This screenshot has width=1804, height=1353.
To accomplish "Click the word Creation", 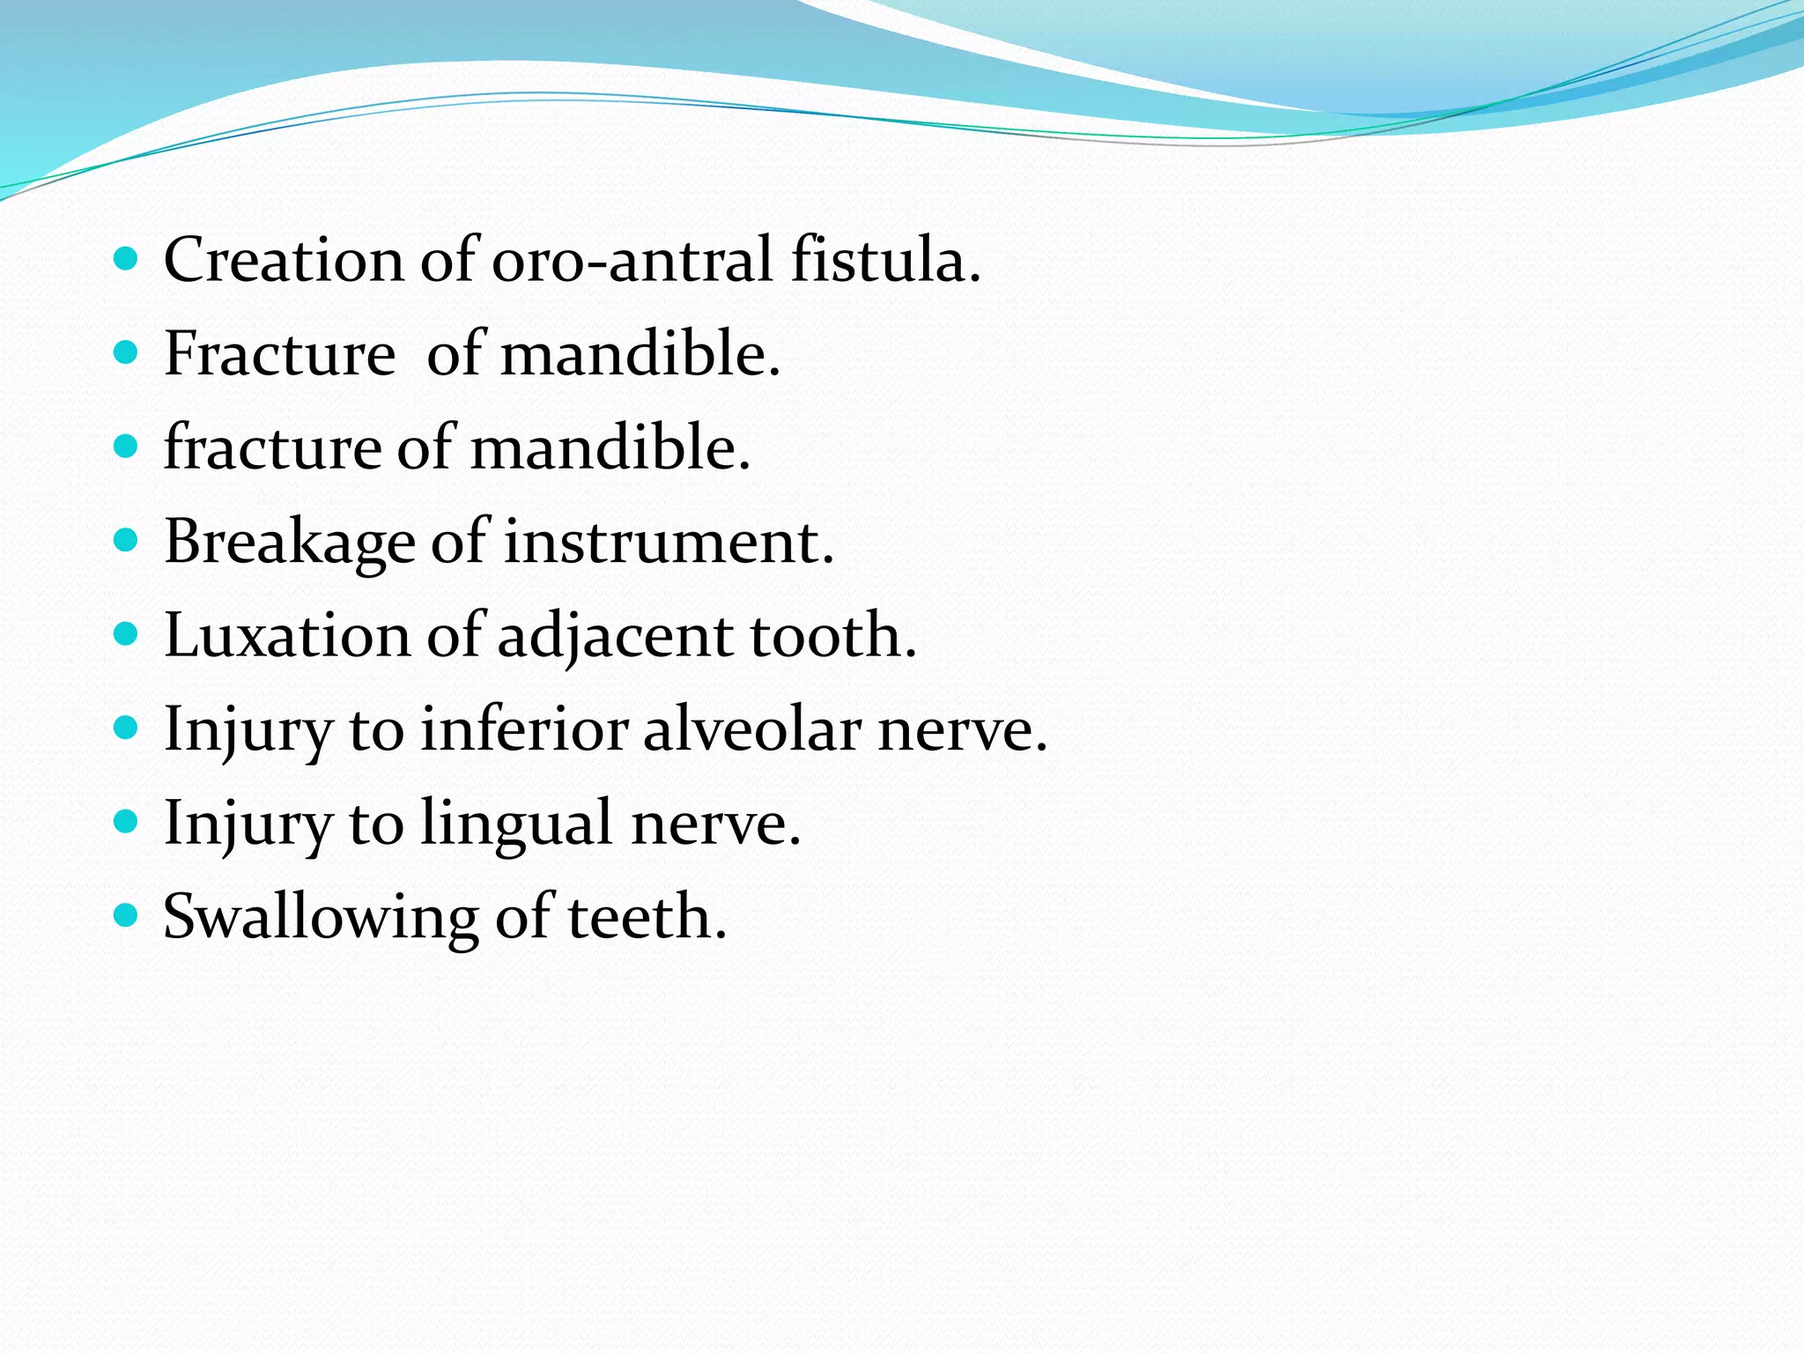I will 284,261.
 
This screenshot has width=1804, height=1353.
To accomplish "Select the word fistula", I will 884,261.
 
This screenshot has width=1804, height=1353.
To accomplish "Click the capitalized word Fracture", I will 279,354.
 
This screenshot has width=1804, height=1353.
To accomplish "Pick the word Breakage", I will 289,542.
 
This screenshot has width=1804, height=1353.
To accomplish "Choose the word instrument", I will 668,542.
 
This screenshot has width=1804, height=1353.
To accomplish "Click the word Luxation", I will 287,635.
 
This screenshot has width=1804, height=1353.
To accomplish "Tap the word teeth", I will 647,917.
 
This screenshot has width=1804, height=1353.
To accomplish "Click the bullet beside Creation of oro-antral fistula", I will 127,259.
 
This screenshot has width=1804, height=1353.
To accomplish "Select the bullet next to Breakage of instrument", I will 127,540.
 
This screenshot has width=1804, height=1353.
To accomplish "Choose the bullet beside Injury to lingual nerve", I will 127,822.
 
